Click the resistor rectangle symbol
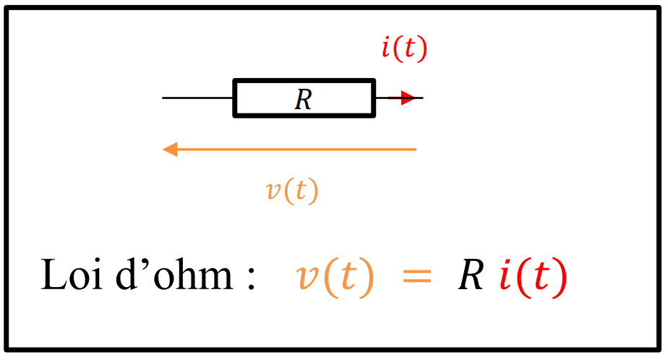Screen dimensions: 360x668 [304, 82]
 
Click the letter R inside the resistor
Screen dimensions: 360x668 [303, 99]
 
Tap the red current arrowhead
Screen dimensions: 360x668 [408, 98]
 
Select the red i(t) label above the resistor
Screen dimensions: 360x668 [404, 48]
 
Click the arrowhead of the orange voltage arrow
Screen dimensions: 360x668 [170, 150]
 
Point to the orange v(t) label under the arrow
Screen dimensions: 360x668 [292, 190]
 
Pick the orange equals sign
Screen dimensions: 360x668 [416, 278]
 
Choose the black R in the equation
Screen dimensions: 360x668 [471, 275]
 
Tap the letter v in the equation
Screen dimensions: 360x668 [308, 279]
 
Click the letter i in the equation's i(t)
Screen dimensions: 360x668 [505, 275]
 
